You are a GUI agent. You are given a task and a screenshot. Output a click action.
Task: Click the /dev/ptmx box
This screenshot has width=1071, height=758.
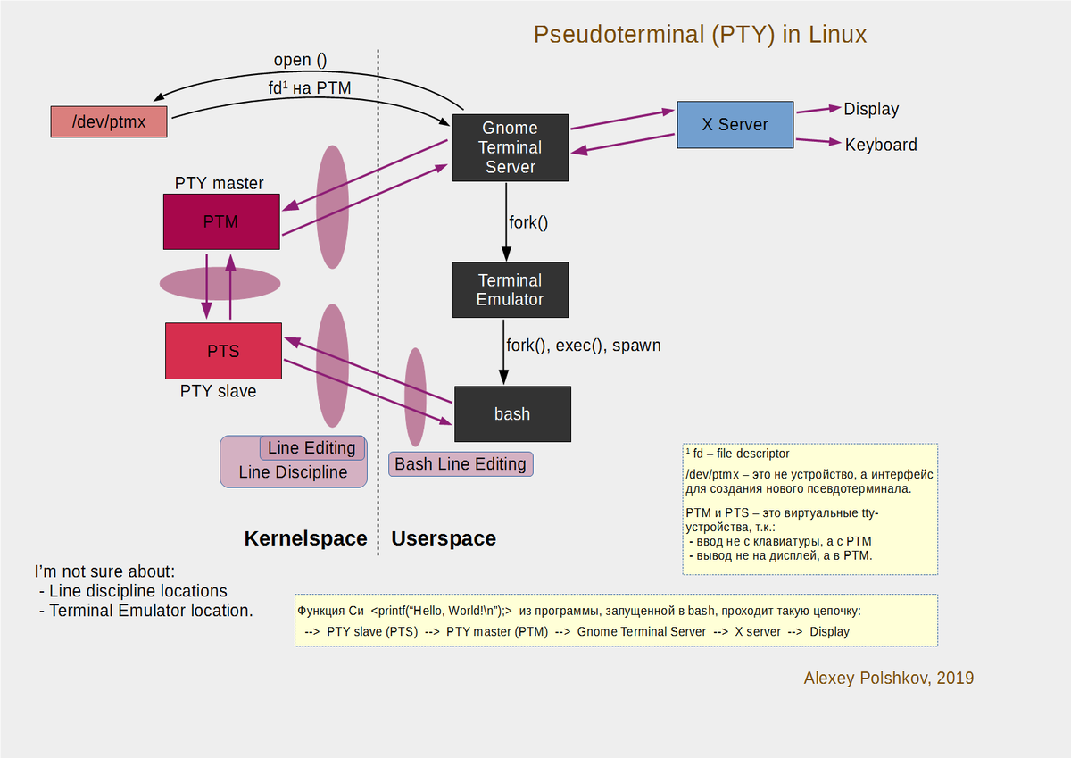point(109,121)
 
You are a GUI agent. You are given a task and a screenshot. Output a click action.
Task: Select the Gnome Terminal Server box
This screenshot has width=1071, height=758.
point(510,147)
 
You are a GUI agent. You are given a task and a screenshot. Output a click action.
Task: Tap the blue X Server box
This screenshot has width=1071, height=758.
point(735,124)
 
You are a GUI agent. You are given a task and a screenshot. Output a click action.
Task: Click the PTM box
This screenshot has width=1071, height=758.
point(221,221)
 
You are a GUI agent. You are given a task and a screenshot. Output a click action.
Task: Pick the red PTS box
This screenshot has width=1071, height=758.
point(223,351)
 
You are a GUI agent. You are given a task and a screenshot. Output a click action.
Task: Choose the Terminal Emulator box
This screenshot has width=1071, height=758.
point(510,289)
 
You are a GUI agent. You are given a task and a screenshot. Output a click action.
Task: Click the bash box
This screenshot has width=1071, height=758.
point(511,413)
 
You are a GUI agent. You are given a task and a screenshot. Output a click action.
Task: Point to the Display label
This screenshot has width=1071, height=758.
point(871,109)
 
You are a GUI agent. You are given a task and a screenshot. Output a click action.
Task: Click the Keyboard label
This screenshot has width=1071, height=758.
point(880,145)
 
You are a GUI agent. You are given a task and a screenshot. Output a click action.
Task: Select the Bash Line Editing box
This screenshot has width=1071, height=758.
point(461,464)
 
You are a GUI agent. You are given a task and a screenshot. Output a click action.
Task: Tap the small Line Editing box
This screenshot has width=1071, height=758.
point(311,448)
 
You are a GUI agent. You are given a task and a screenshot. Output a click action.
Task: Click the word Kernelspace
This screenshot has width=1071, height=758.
point(305,538)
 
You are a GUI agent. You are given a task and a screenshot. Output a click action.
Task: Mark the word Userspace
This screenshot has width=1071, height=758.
point(444,538)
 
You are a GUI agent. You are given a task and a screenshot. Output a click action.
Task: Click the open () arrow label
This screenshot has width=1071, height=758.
point(300,61)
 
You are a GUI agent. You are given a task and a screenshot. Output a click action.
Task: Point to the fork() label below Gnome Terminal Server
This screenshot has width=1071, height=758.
point(527,221)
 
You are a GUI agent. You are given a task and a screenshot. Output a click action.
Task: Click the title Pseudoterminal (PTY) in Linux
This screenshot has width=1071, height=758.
point(700,35)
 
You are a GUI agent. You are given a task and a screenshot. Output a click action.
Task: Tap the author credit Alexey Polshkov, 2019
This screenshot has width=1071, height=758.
point(888,678)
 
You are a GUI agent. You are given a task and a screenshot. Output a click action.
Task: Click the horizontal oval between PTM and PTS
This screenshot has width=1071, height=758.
point(220,284)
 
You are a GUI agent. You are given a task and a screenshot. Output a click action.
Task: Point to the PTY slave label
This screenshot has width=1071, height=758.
point(218,391)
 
